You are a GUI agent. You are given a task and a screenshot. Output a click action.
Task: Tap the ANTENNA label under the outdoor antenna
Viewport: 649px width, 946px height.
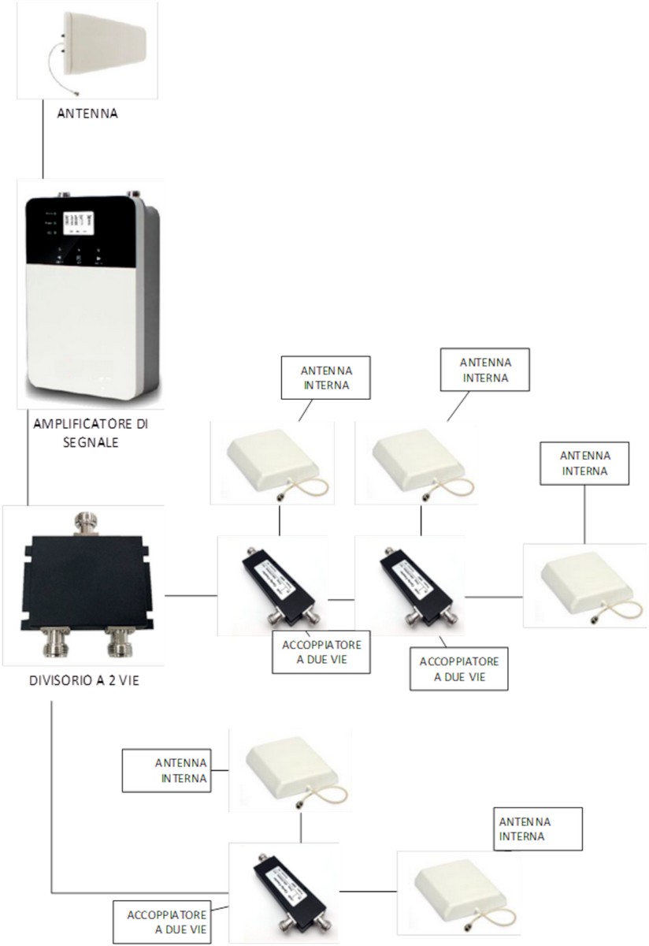(87, 114)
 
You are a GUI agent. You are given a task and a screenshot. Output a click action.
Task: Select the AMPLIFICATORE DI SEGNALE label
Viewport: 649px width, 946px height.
(90, 433)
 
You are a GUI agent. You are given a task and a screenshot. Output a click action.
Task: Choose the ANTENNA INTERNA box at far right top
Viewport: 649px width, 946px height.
(584, 463)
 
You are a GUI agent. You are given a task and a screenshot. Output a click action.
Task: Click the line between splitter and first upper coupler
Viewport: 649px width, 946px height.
(191, 596)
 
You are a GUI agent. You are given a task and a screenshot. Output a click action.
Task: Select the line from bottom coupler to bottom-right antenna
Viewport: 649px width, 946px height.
(367, 891)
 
